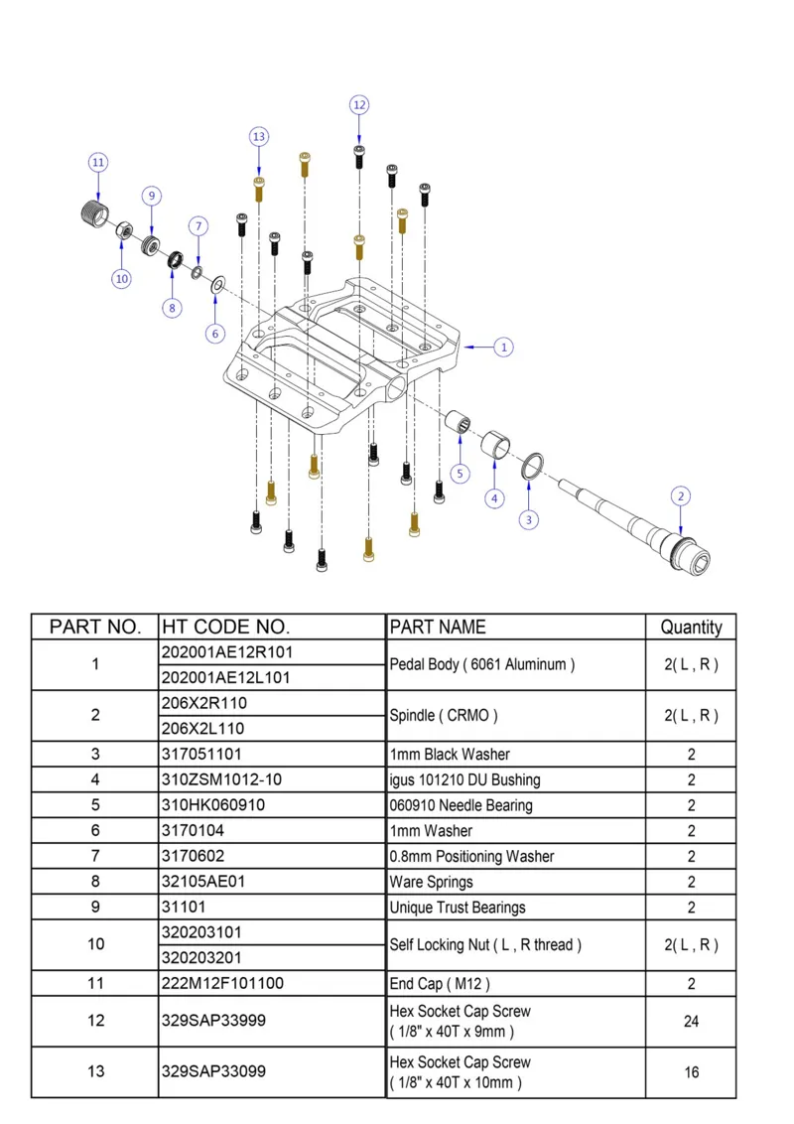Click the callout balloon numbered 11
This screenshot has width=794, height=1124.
pyautogui.click(x=97, y=162)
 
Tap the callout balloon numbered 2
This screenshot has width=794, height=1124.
pyautogui.click(x=680, y=495)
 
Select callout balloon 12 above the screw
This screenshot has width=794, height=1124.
pyautogui.click(x=359, y=104)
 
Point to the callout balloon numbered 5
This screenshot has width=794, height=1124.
pyautogui.click(x=460, y=474)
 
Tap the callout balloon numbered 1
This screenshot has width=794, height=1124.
pyautogui.click(x=504, y=348)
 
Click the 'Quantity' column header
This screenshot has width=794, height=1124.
pyautogui.click(x=691, y=627)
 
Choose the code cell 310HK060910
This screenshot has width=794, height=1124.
pyautogui.click(x=213, y=805)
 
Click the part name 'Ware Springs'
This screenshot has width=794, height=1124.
pyautogui.click(x=431, y=882)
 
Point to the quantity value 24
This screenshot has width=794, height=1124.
pyautogui.click(x=691, y=1021)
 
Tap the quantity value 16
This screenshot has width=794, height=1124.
pyautogui.click(x=691, y=1072)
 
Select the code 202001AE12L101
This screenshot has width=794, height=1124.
pyautogui.click(x=226, y=677)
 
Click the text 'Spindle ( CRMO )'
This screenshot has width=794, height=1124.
pyautogui.click(x=444, y=715)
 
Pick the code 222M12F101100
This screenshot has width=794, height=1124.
pyautogui.click(x=222, y=984)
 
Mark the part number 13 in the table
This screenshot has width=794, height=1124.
pyautogui.click(x=94, y=1072)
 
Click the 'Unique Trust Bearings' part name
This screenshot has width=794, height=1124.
pyautogui.click(x=458, y=908)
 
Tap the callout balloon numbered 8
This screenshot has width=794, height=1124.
pyautogui.click(x=172, y=308)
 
